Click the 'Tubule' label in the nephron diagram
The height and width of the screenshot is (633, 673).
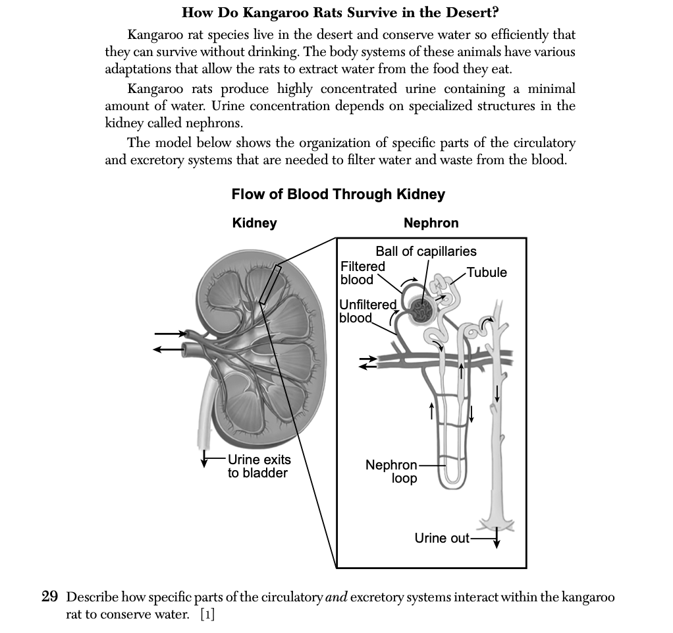coord(487,273)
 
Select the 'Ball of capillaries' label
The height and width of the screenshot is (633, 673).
coord(426,251)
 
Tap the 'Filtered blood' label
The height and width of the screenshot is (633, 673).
coord(362,273)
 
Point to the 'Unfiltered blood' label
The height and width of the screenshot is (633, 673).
coord(368,311)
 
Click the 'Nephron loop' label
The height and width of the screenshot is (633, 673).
coord(392,471)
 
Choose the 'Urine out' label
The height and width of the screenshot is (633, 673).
coord(442,539)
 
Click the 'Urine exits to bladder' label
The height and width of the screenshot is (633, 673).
coord(258,466)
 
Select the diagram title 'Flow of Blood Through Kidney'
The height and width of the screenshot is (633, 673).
coord(338,195)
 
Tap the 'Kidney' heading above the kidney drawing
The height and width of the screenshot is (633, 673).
coord(255,223)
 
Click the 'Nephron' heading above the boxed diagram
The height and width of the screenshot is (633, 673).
coord(431,223)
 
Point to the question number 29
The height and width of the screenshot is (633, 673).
coord(50,597)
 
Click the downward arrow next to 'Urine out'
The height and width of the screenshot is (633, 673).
coord(497,539)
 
